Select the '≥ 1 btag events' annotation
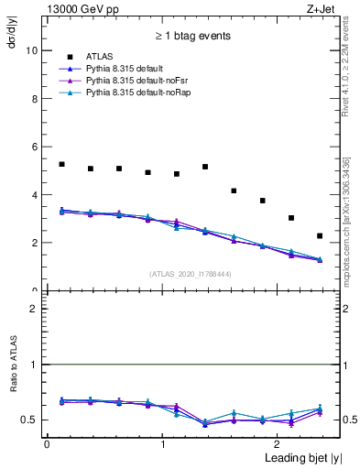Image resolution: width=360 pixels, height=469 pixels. (x=192, y=37)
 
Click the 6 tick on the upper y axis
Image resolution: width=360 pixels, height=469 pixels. (x=35, y=147)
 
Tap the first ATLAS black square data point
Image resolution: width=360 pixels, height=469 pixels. (x=61, y=164)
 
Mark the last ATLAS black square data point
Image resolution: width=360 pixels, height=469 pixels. (x=320, y=236)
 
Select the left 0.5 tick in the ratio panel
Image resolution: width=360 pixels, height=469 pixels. (x=33, y=420)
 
